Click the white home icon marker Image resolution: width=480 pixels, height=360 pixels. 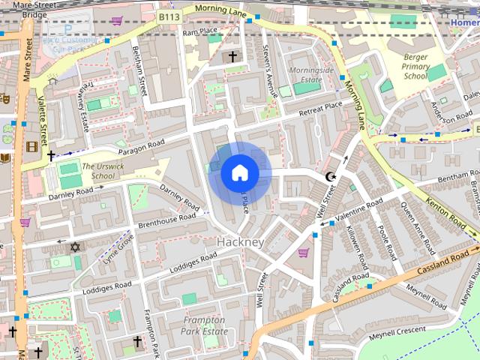[x=239, y=172]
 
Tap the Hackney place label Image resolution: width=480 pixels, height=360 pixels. [x=240, y=242]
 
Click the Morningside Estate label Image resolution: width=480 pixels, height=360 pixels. [x=311, y=74]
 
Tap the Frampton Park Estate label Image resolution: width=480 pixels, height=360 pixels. [x=205, y=325]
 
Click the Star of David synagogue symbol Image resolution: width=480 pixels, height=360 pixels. [x=74, y=247]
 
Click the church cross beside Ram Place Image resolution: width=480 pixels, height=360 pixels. [x=232, y=56]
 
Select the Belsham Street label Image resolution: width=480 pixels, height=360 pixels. [x=139, y=72]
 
